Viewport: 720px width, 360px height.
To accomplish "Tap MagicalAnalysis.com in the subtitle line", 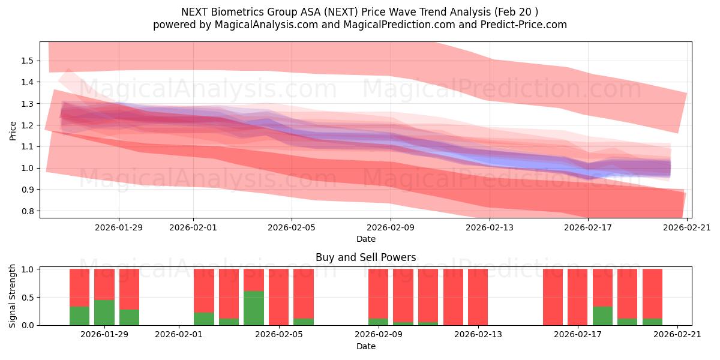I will [x=262, y=25].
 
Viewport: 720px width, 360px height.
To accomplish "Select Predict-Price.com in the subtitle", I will [x=520, y=25].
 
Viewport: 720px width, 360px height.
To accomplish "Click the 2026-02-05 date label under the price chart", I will [x=292, y=227].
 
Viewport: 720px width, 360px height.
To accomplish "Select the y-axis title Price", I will [x=13, y=130].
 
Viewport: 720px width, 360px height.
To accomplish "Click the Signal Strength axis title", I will [x=13, y=296].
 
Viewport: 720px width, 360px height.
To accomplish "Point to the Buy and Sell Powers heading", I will [x=365, y=257].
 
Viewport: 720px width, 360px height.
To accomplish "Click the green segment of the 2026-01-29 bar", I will [x=104, y=312].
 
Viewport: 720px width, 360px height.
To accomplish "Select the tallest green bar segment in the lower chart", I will [x=254, y=308].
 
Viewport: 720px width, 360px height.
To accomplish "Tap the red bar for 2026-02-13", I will [x=478, y=297].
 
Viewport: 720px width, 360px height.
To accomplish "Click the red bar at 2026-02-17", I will [x=578, y=297].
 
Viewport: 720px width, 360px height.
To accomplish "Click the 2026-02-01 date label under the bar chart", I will [x=179, y=334].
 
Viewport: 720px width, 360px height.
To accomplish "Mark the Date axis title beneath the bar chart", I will [x=365, y=346].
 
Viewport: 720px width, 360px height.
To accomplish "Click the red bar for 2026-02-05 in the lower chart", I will [x=279, y=297].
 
